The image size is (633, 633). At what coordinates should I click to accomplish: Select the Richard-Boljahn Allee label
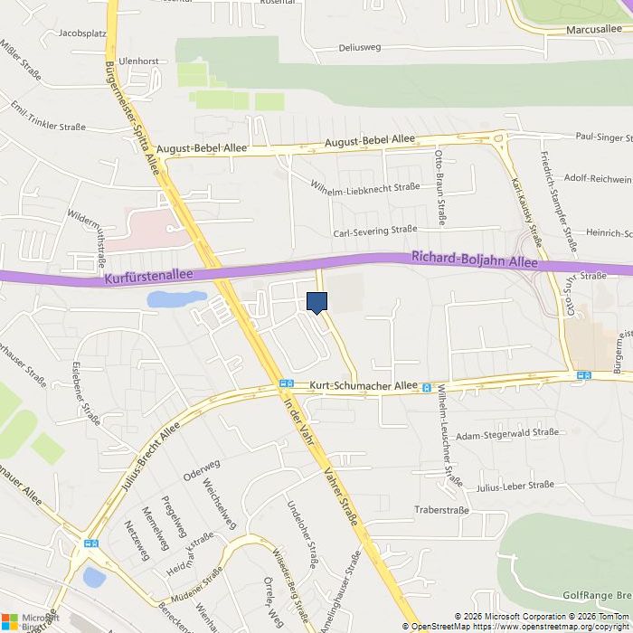474,260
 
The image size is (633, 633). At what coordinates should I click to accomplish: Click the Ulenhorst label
138,61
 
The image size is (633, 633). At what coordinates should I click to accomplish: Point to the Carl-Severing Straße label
374,231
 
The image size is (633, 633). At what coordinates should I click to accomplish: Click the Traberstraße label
441,510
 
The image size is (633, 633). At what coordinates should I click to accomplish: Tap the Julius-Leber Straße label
515,486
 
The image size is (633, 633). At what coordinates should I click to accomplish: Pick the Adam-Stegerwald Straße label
507,434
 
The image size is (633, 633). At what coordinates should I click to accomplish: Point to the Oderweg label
202,470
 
